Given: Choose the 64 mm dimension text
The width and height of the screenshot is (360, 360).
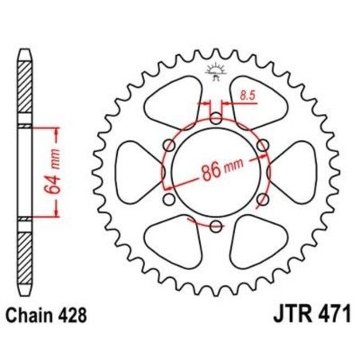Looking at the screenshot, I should [47, 170].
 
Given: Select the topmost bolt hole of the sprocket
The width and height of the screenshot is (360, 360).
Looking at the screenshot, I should [215, 119].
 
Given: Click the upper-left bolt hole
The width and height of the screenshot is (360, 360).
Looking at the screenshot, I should [170, 145].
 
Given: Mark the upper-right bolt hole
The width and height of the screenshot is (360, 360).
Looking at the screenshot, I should [260, 145].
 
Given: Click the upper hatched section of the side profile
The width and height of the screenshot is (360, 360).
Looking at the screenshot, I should [24, 88].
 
